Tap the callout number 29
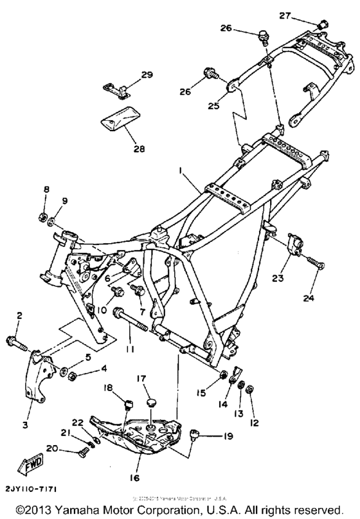tap(147, 75)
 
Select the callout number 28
tap(139, 149)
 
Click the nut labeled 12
tap(251, 388)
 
